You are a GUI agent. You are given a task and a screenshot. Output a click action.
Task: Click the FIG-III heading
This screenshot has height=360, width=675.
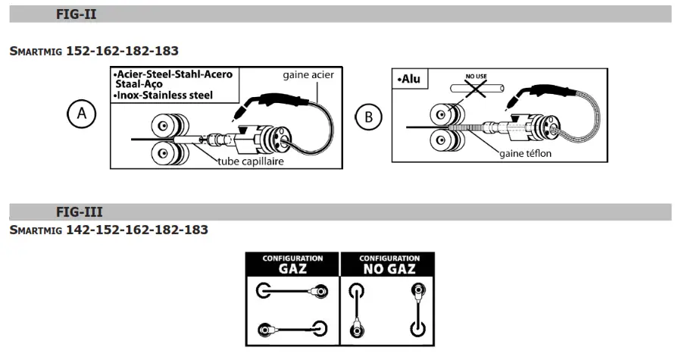[80, 211]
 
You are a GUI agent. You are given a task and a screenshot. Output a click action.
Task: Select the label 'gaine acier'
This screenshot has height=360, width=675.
[308, 75]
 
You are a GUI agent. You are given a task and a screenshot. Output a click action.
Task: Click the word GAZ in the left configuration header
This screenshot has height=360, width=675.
[292, 268]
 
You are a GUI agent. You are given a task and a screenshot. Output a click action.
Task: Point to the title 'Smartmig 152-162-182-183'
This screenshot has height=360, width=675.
[94, 51]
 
